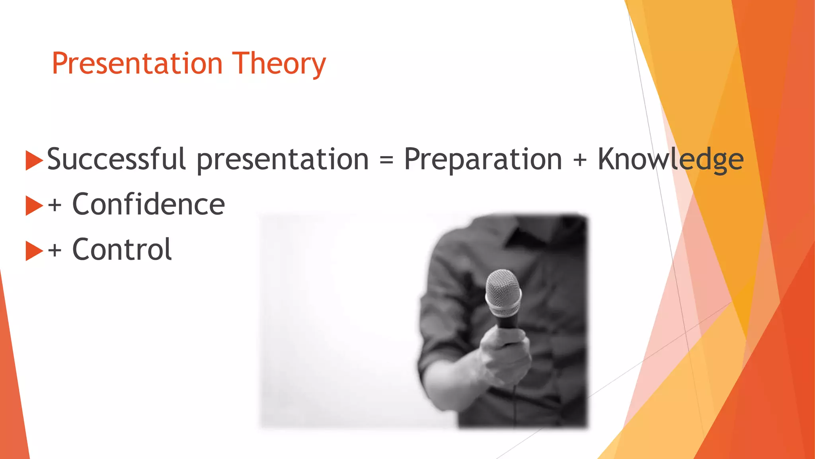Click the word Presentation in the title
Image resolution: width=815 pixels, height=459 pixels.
point(137,64)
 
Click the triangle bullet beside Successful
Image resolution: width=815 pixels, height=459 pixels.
point(34,160)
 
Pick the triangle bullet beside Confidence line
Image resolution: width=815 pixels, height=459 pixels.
point(34,206)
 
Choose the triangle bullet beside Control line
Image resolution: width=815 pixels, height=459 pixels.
point(34,251)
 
